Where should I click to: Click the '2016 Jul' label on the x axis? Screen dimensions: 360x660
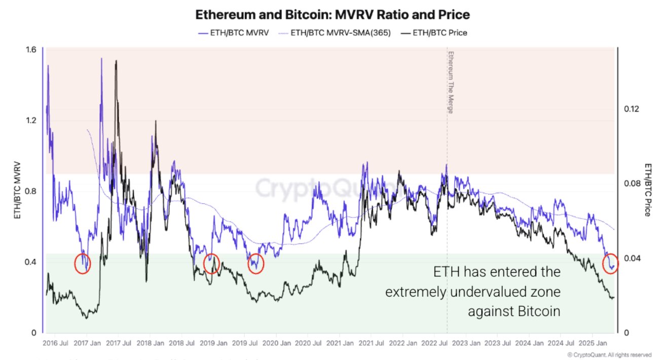pos(55,343)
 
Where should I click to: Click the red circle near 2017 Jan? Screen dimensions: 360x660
pos(82,263)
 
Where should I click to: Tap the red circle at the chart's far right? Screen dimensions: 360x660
pos(610,263)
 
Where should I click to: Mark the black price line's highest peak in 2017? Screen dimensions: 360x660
pos(117,61)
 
